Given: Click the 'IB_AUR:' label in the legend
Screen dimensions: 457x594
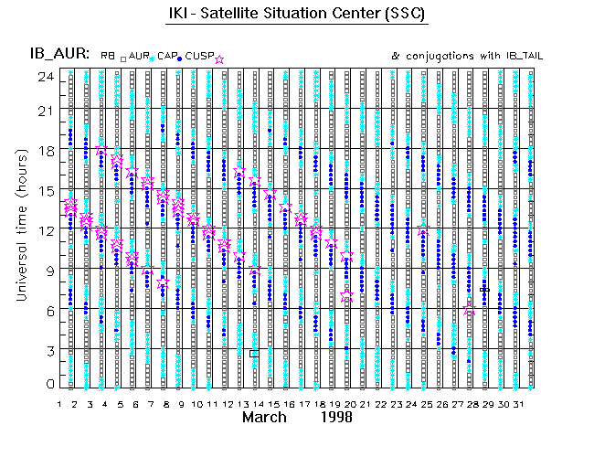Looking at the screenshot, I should point(60,55).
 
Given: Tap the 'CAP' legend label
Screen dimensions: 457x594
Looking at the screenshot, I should point(166,56).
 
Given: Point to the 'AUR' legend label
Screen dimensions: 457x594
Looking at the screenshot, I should point(138,56).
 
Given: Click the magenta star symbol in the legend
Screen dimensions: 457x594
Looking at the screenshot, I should point(219,58).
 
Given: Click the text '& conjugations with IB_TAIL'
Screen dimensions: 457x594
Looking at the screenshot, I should point(467,56).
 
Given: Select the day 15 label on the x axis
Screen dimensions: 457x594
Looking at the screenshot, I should point(273,404).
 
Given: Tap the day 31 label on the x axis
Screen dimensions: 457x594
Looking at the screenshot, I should point(517,404).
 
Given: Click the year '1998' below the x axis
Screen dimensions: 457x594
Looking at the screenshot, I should point(338,417).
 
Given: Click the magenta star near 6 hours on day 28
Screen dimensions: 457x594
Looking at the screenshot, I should point(470,310).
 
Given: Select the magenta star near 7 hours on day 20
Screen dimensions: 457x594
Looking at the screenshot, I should point(347,295).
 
